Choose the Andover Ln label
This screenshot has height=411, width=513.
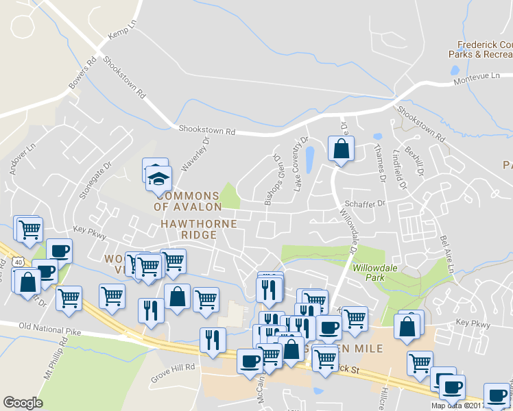tap(22, 159)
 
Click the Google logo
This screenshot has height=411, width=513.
tap(23, 403)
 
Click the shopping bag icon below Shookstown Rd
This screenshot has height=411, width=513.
tap(341, 148)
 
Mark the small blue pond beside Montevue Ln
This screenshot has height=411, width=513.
tap(454, 70)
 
